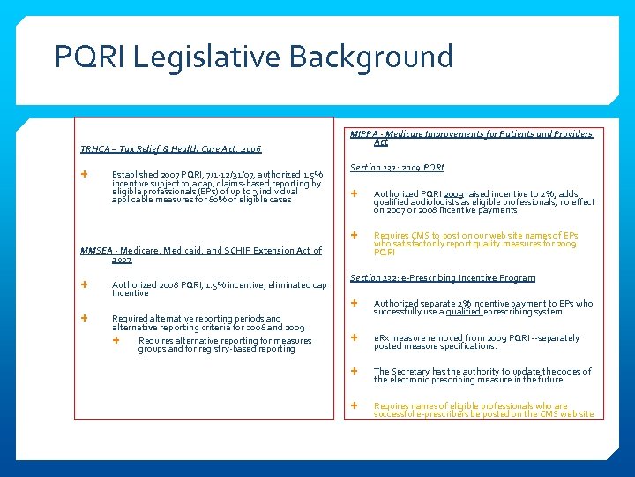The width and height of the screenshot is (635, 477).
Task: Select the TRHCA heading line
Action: [x=171, y=148]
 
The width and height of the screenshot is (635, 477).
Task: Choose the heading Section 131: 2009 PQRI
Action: [x=397, y=167]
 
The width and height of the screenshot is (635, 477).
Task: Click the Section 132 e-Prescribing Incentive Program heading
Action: [x=443, y=278]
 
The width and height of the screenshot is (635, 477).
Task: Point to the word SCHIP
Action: [x=240, y=251]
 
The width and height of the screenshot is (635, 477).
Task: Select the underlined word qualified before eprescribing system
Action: [x=464, y=312]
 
